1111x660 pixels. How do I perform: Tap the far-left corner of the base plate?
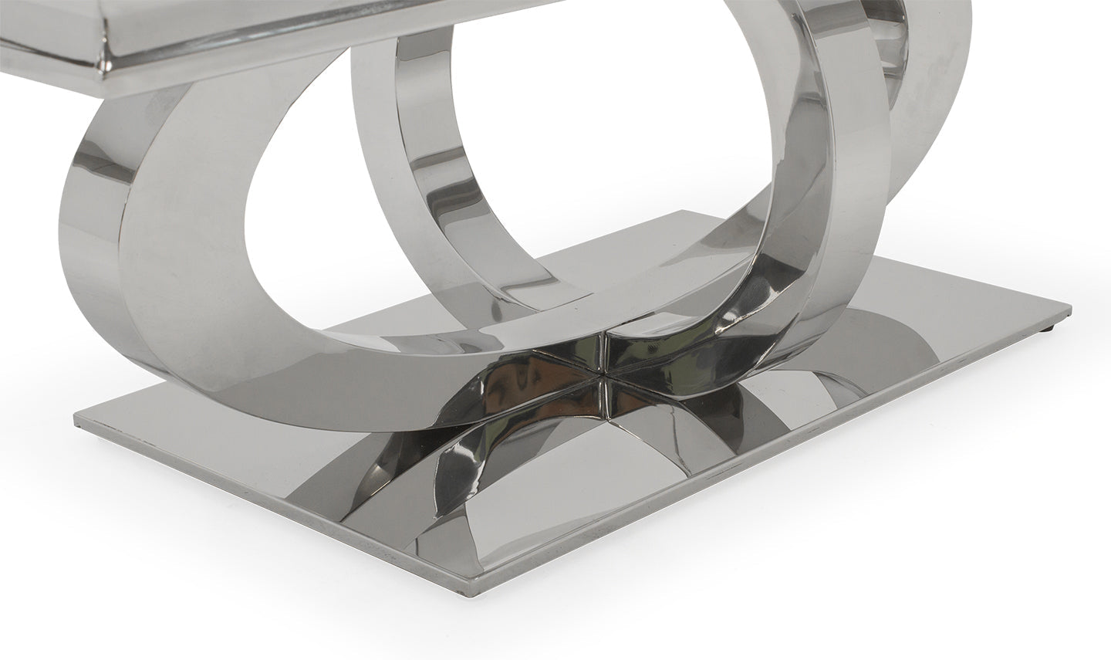tap(76, 421)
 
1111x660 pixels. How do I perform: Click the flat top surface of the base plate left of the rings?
tap(255, 432)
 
